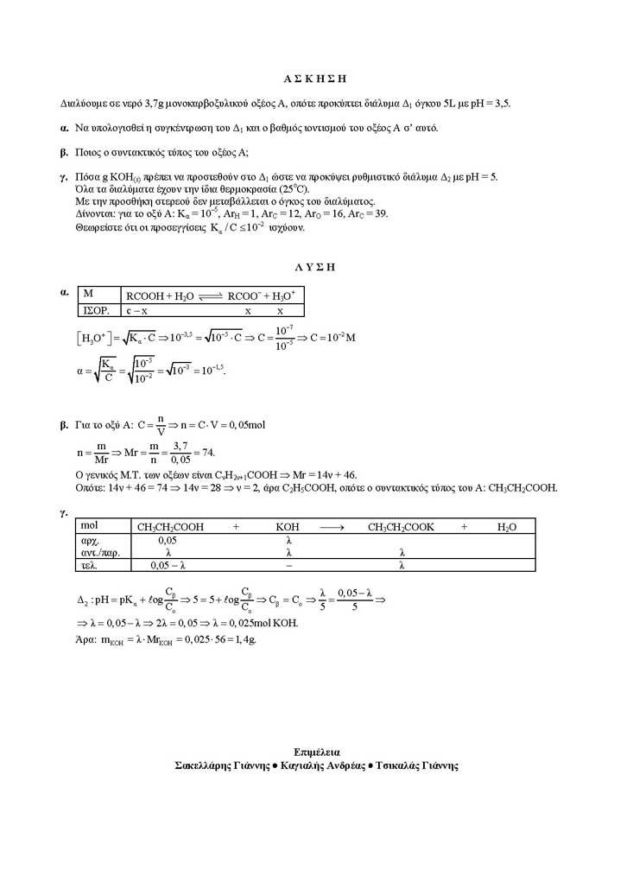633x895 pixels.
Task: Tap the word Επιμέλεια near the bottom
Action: coord(315,752)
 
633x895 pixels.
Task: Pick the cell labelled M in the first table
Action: coord(88,295)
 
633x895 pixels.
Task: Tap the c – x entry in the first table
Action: coord(138,309)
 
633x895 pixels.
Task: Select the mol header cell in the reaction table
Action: coord(89,526)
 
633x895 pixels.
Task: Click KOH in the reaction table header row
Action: coord(288,526)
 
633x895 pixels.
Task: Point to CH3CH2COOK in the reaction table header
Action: coord(401,526)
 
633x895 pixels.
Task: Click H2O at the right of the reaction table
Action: coord(507,526)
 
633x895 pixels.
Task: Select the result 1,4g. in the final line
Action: coord(246,639)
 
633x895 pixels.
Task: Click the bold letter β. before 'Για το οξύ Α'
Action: coord(63,425)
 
